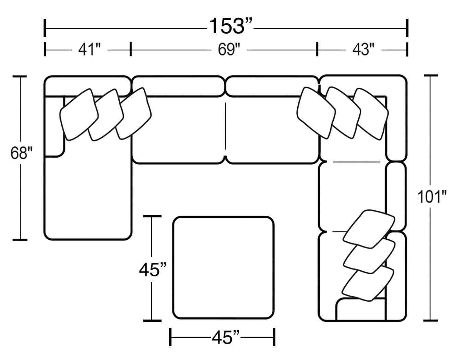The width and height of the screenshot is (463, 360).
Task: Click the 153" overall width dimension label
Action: [x=231, y=26]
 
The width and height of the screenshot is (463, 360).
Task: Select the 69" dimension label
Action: [x=229, y=50]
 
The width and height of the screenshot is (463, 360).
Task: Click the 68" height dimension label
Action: [x=21, y=153]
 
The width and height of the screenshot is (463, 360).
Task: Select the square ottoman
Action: [x=223, y=268]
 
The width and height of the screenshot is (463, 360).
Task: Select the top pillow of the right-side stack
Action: [x=369, y=229]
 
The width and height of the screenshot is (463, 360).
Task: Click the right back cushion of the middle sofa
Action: [x=271, y=86]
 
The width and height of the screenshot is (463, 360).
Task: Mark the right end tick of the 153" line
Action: [x=407, y=28]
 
